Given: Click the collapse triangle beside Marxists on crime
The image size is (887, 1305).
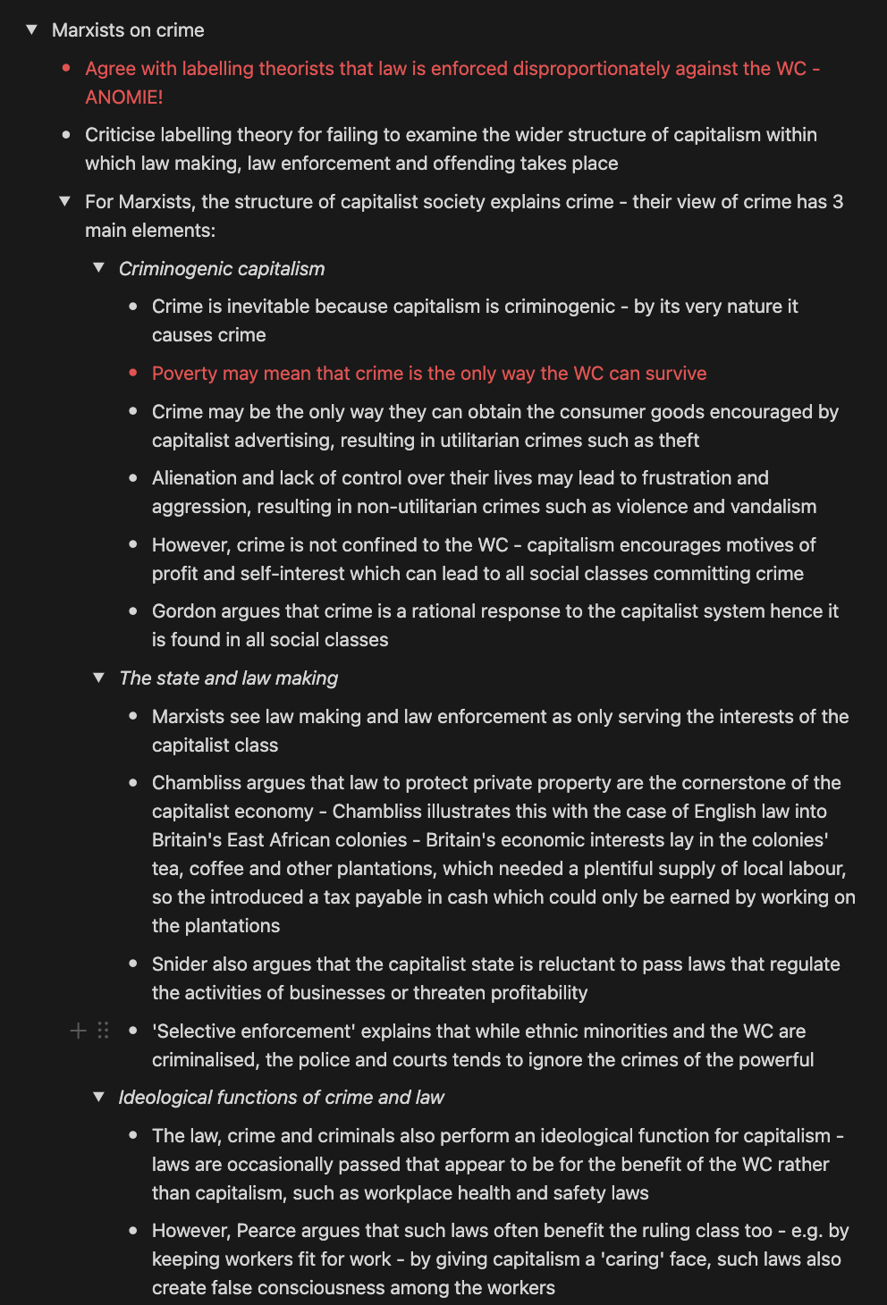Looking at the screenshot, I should (x=32, y=30).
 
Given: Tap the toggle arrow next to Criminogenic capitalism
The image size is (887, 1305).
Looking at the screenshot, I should (x=99, y=268).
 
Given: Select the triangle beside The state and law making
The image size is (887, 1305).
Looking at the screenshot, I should (x=99, y=678).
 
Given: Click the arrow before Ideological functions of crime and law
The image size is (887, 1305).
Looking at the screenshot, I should (x=99, y=1097).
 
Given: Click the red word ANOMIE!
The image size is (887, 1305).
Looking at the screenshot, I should (x=124, y=97).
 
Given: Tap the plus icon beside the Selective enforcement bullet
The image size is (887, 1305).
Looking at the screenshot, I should (x=79, y=1031).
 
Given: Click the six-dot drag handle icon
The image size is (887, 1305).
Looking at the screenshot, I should (x=103, y=1031).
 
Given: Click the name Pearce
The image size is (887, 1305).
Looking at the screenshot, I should (x=266, y=1231).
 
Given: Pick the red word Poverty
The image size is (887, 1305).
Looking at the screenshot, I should (x=184, y=374).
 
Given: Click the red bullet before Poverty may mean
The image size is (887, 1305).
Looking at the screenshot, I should (x=133, y=373).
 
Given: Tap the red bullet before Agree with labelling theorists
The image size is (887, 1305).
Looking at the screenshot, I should (x=66, y=68).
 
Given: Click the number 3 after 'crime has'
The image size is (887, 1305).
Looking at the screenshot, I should (x=838, y=202).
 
